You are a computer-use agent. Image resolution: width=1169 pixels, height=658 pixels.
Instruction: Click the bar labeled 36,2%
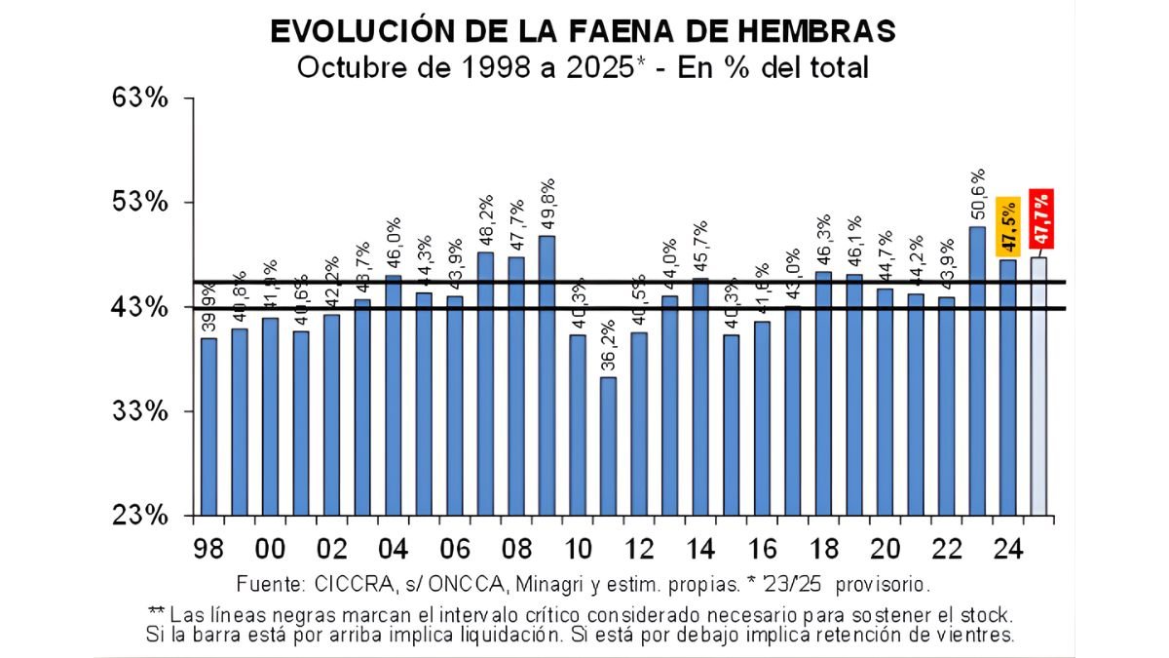pos(608,445)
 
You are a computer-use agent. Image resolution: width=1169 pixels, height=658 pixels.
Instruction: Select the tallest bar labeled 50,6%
pos(976,370)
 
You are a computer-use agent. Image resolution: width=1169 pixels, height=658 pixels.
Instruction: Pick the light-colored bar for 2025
pos(1038,386)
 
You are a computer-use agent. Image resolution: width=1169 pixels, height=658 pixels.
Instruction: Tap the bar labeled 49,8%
pos(547,375)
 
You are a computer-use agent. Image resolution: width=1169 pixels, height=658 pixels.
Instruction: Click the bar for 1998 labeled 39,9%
pos(207,426)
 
